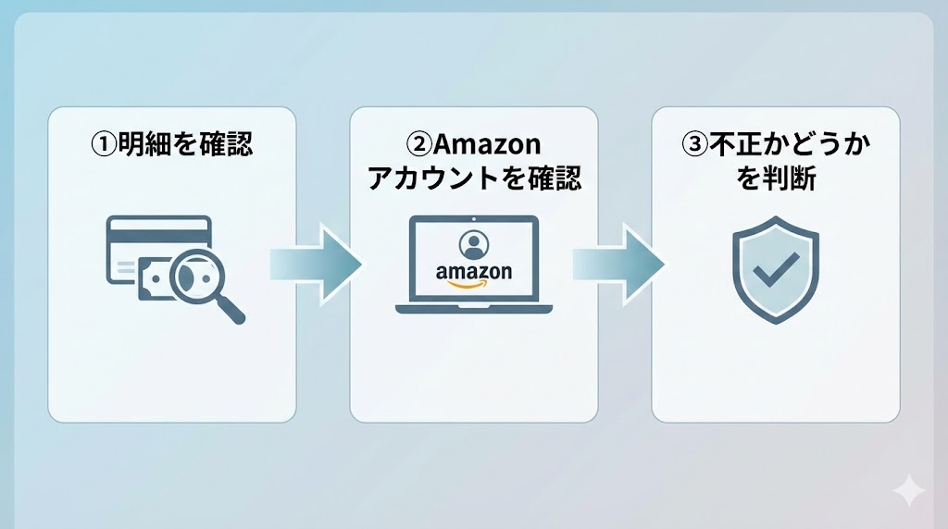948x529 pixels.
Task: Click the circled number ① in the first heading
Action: [102, 145]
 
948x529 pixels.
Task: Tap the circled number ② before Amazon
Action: [420, 145]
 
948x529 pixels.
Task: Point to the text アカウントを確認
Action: [474, 178]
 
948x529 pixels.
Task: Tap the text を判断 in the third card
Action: [776, 178]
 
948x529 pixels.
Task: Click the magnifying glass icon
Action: [196, 277]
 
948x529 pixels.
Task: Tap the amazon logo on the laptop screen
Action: [473, 272]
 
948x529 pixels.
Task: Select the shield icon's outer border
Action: [737, 277]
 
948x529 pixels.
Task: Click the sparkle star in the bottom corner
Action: [909, 490]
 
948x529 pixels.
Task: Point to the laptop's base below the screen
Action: [473, 308]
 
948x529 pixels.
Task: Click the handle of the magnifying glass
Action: [231, 310]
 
